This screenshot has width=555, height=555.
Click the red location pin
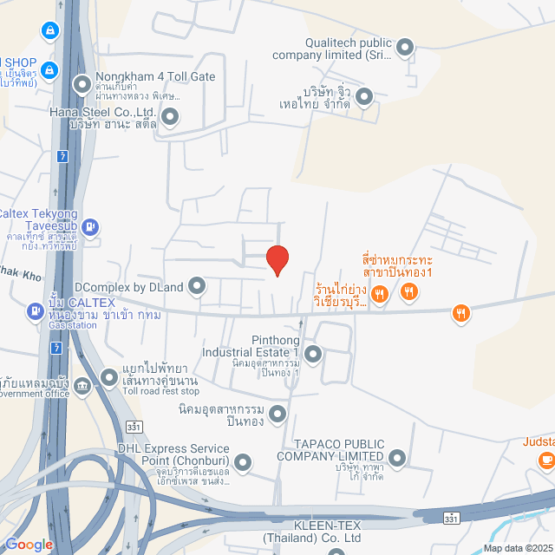tap(277, 260)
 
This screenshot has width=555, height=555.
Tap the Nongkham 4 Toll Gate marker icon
tap(82, 84)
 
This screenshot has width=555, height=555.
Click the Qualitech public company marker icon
tap(403, 47)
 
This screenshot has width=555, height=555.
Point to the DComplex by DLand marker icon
tap(197, 284)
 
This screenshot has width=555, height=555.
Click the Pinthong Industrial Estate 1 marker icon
tap(312, 353)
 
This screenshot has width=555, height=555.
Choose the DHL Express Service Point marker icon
tap(243, 461)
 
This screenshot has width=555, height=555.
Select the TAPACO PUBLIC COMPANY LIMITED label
tap(331, 450)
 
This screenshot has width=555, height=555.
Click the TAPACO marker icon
tap(397, 457)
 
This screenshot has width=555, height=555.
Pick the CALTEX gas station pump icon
tap(35, 309)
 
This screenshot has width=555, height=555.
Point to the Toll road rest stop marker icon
tap(109, 378)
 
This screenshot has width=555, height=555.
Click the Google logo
tap(29, 544)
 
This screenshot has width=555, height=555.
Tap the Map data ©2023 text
tap(517, 547)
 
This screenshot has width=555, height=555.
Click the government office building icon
tap(82, 386)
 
